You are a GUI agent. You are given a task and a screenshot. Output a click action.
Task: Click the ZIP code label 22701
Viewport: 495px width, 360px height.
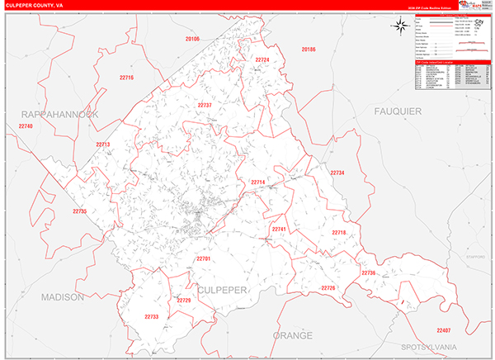[x=204, y=259]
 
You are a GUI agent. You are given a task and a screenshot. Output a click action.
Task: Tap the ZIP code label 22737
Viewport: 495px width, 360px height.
[x=205, y=106]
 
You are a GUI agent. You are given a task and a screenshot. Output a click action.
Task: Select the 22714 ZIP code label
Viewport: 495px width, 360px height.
[x=258, y=182]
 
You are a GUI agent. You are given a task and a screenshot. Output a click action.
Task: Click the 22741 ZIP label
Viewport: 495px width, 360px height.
[x=278, y=229]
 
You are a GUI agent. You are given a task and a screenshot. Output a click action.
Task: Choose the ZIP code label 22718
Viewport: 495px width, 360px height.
[x=338, y=233]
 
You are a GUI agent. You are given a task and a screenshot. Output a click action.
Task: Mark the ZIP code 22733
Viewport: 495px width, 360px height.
[x=151, y=316]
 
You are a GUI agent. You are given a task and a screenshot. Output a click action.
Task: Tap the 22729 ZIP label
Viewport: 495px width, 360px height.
[x=184, y=300]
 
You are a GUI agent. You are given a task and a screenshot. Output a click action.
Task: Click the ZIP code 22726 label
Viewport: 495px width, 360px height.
[x=328, y=287]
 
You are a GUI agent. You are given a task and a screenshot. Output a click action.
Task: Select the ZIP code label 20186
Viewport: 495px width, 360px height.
[x=309, y=50]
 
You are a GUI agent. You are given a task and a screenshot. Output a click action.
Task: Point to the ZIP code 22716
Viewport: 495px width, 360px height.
[x=126, y=78]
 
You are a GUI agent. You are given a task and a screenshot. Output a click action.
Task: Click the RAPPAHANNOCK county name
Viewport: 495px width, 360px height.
[x=60, y=114]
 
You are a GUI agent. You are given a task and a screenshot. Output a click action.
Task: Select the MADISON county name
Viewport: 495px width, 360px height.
[x=63, y=296]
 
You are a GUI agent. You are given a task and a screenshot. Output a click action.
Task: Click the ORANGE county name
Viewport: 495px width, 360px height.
[x=293, y=336]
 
